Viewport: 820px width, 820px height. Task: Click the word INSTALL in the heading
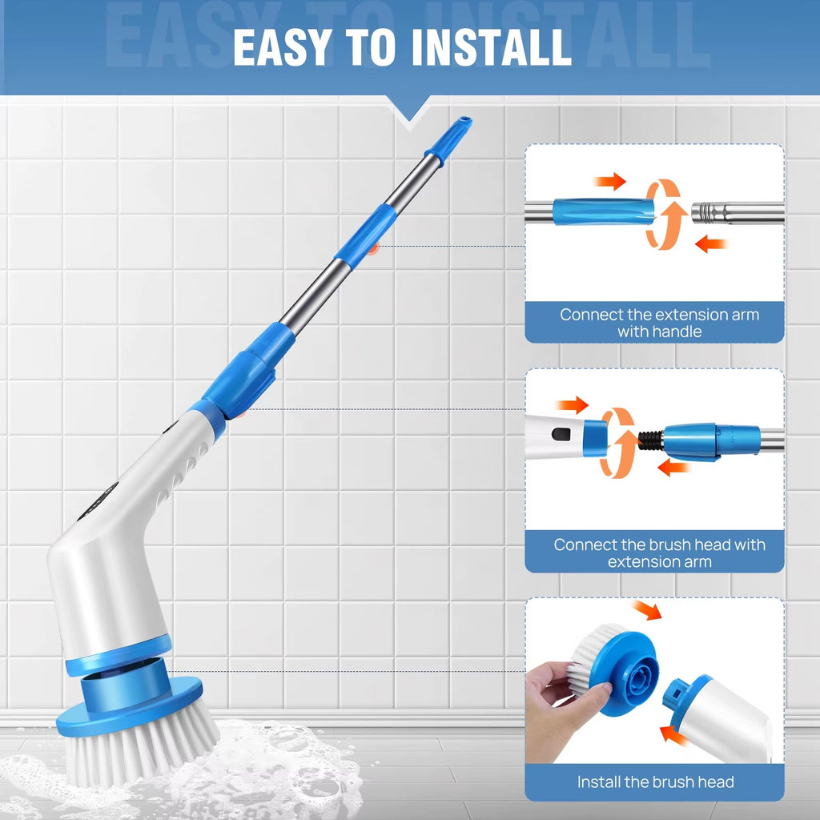pyautogui.click(x=491, y=47)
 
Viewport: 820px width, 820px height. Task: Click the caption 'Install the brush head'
pyautogui.click(x=655, y=782)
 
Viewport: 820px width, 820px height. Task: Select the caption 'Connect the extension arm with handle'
pyautogui.click(x=659, y=322)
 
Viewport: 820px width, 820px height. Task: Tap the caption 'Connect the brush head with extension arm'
pyautogui.click(x=659, y=553)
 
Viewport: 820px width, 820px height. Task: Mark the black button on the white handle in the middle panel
pyautogui.click(x=561, y=433)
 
